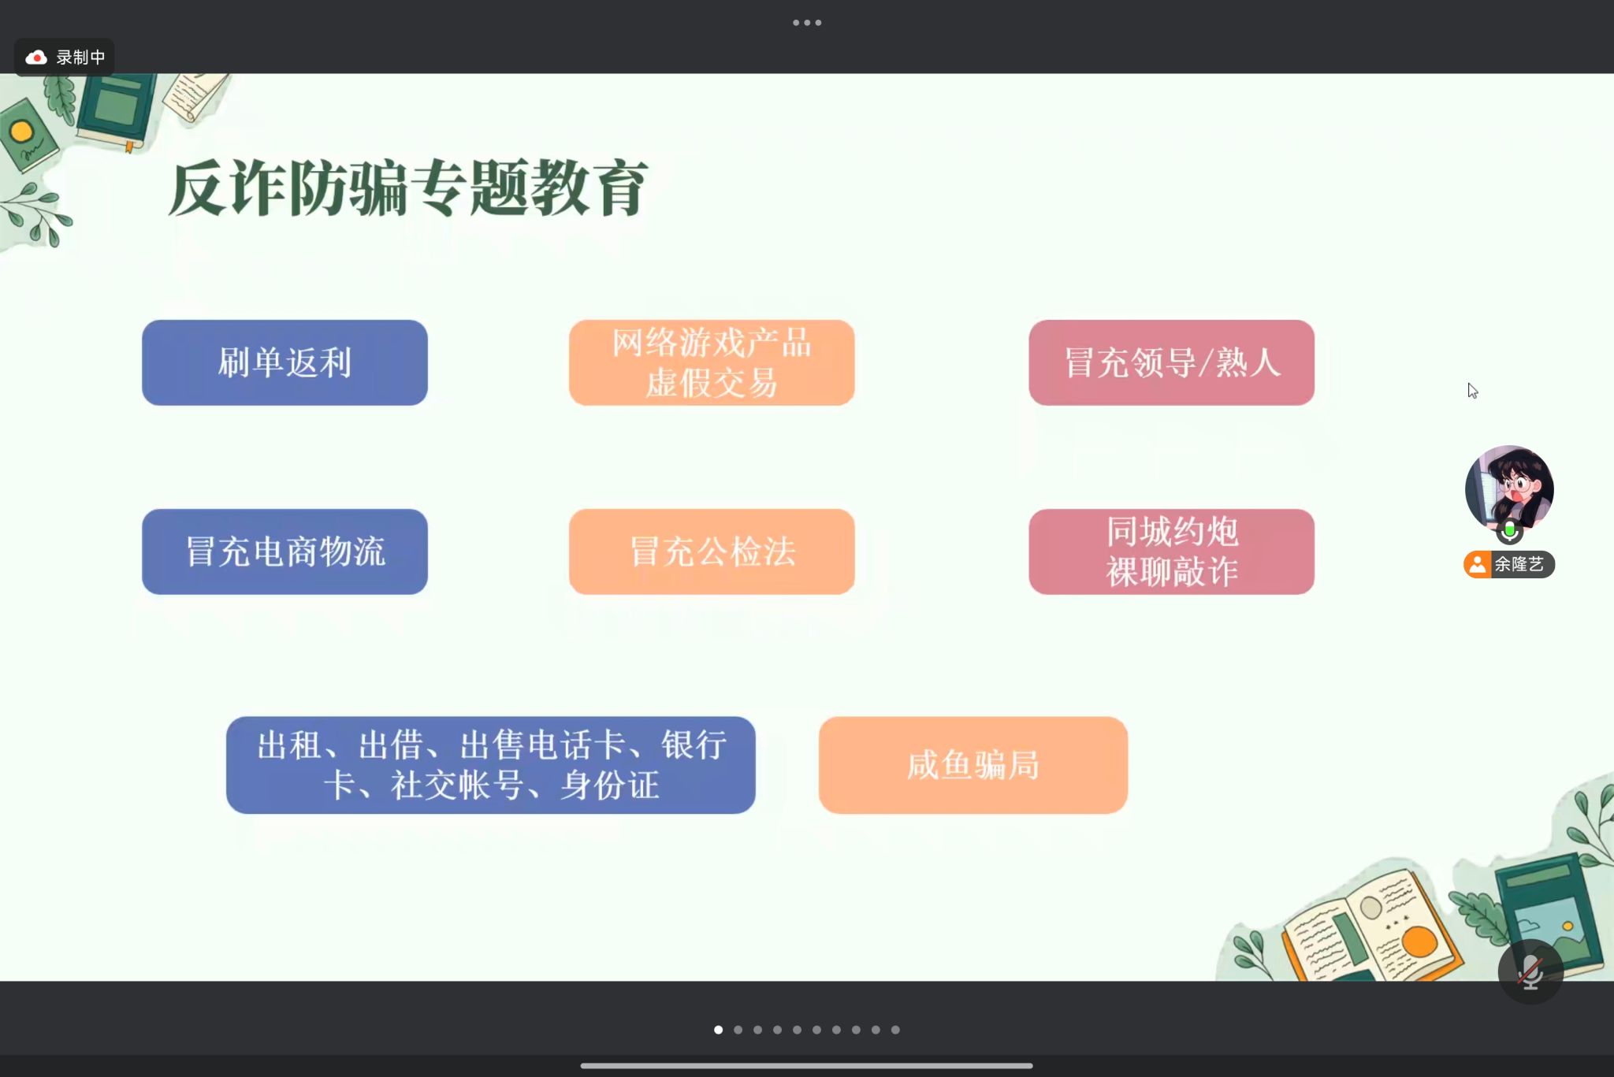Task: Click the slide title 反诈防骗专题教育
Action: (x=407, y=188)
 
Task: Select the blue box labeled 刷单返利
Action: (x=284, y=362)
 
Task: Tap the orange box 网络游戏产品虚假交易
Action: (x=712, y=362)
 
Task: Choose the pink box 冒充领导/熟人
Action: (x=1171, y=362)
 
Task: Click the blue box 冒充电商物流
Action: (x=284, y=551)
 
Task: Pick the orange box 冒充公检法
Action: (x=712, y=551)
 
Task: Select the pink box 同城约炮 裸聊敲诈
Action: (x=1171, y=551)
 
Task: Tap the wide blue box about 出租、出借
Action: (x=490, y=765)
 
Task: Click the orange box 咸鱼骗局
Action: (x=973, y=765)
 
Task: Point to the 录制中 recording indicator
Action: (x=65, y=58)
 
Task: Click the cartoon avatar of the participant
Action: (x=1509, y=488)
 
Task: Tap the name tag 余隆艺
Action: (x=1509, y=564)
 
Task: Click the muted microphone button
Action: (x=1530, y=972)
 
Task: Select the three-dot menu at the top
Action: (x=807, y=23)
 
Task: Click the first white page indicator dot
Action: (x=718, y=1030)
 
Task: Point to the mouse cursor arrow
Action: (x=1472, y=391)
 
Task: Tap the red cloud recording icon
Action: (x=36, y=58)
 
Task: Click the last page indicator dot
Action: (x=895, y=1030)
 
